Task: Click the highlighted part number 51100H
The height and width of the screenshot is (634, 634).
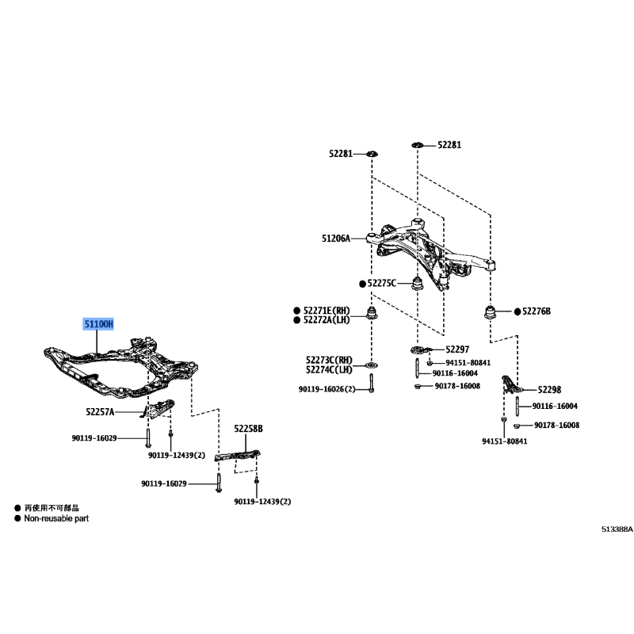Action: click(98, 324)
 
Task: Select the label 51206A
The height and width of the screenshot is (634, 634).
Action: click(336, 239)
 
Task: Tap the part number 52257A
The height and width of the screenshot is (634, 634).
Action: click(100, 412)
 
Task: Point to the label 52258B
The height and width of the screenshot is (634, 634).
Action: click(248, 429)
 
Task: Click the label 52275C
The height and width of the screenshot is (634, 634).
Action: click(382, 284)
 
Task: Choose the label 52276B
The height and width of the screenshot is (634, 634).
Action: click(537, 311)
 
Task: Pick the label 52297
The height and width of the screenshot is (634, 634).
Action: click(457, 349)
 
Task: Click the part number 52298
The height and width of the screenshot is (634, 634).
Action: click(549, 390)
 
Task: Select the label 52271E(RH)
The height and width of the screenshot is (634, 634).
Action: click(327, 311)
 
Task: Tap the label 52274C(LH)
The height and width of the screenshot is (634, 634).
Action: click(329, 369)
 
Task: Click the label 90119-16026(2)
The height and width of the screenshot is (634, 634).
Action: click(327, 389)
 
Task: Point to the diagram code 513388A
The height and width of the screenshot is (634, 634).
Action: click(617, 529)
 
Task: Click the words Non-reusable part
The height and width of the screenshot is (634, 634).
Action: click(56, 518)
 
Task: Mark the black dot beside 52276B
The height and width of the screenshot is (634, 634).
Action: click(518, 311)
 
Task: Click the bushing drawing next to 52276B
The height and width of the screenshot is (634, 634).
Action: click(490, 312)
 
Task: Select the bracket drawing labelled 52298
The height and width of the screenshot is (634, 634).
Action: click(511, 384)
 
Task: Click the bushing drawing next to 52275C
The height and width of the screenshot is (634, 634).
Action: click(418, 283)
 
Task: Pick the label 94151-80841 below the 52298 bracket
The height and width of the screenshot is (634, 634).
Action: click(505, 441)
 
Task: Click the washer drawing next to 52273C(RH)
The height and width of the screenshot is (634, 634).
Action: click(371, 365)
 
